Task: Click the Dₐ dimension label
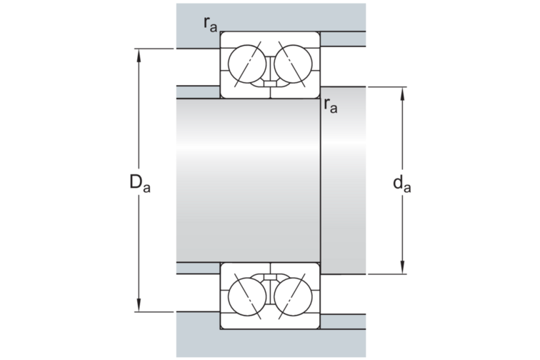pyautogui.click(x=139, y=184)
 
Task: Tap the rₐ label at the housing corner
pyautogui.click(x=210, y=24)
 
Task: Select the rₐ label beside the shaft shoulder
pyautogui.click(x=331, y=105)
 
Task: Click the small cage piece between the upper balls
pyautogui.click(x=269, y=84)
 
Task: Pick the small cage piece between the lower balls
pyautogui.click(x=269, y=276)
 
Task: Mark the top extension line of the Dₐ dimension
pyautogui.click(x=157, y=49)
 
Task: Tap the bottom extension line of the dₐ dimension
pyautogui.click(x=389, y=273)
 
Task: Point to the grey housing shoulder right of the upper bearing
pyautogui.click(x=343, y=39)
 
